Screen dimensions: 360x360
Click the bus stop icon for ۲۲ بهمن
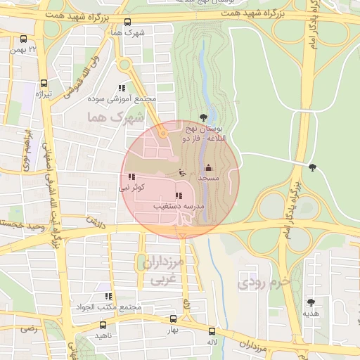[24, 40]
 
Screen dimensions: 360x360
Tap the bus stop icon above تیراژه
[44, 83]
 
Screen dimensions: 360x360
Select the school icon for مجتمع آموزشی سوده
[122, 89]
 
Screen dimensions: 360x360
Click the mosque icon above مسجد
[207, 167]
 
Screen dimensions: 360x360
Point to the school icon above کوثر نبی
[131, 177]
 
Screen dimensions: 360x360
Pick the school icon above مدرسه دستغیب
[179, 195]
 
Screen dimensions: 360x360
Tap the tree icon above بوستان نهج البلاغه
[203, 117]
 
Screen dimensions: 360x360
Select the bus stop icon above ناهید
[103, 325]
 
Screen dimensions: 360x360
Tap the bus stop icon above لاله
[212, 330]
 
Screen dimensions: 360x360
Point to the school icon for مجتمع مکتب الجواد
[108, 297]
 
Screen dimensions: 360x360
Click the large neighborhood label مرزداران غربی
[161, 271]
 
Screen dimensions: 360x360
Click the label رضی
[27, 328]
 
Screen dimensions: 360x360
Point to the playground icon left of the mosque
[181, 172]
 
